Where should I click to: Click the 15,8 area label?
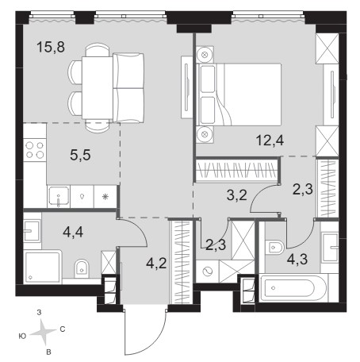click(x=51, y=48)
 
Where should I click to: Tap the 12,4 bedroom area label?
click(x=270, y=141)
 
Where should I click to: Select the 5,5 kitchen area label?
click(x=80, y=155)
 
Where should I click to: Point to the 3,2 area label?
click(x=237, y=195)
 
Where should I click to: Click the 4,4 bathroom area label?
click(x=73, y=233)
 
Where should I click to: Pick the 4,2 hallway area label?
click(x=156, y=264)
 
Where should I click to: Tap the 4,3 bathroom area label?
click(x=297, y=260)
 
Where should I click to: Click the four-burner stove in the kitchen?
click(x=35, y=150)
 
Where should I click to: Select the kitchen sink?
click(x=59, y=197)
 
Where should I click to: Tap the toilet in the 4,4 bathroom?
click(x=81, y=268)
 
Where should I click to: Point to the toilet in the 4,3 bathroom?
click(x=274, y=248)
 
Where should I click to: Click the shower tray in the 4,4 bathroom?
click(x=43, y=267)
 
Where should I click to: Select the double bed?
click(x=239, y=94)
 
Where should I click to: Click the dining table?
click(x=98, y=88)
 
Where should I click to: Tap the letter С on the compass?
click(x=63, y=329)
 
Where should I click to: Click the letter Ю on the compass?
click(x=23, y=337)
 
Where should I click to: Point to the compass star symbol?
click(x=43, y=332)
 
